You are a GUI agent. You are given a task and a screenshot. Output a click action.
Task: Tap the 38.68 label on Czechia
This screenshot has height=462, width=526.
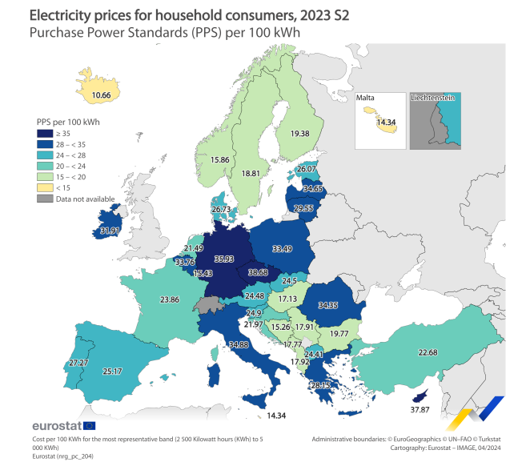click(x=257, y=273)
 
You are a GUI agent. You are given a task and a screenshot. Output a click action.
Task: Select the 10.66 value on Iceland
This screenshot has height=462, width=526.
click(x=101, y=95)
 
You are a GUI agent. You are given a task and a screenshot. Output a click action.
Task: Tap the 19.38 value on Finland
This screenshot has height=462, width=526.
click(x=300, y=133)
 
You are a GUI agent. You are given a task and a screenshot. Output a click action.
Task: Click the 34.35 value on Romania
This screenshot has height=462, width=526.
click(x=329, y=304)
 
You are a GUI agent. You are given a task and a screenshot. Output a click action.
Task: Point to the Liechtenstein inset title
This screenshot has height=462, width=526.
click(x=432, y=98)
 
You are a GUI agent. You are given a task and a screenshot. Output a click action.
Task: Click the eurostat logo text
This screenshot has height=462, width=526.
click(x=56, y=425)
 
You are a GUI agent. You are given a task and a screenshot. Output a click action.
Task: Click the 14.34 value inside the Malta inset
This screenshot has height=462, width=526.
click(x=386, y=122)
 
